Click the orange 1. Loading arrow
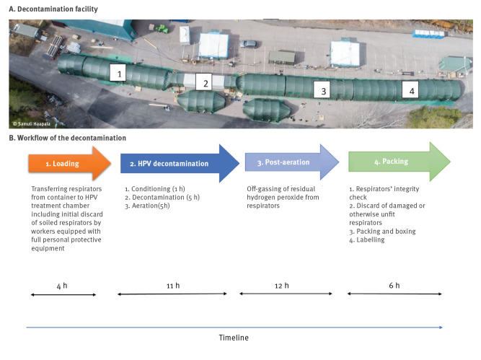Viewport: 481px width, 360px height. click(x=69, y=164)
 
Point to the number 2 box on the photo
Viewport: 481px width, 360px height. click(x=206, y=83)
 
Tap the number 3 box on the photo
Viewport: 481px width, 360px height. click(x=324, y=91)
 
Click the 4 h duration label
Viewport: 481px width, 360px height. click(x=63, y=285)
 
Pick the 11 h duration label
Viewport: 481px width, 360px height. click(x=172, y=285)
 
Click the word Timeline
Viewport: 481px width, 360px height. click(x=234, y=338)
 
